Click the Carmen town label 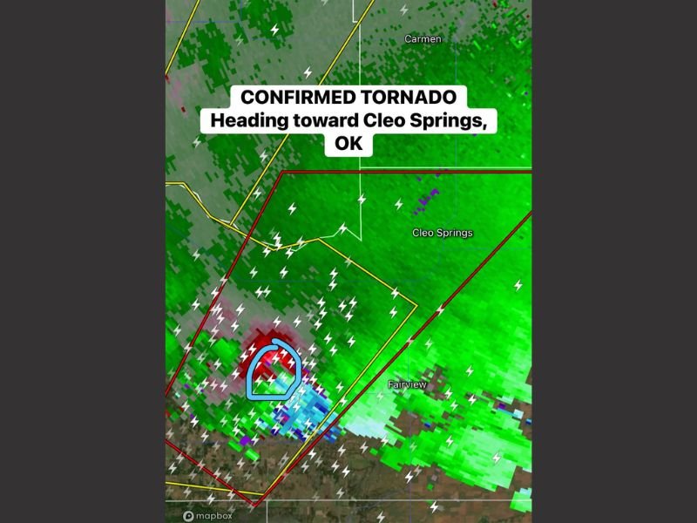point(423,39)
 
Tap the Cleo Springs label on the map point(442,233)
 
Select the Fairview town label point(407,384)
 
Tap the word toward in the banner point(323,120)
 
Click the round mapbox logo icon point(187,515)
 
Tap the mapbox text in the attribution point(214,515)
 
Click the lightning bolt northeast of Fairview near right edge point(518,285)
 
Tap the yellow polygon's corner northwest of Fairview point(416,307)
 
